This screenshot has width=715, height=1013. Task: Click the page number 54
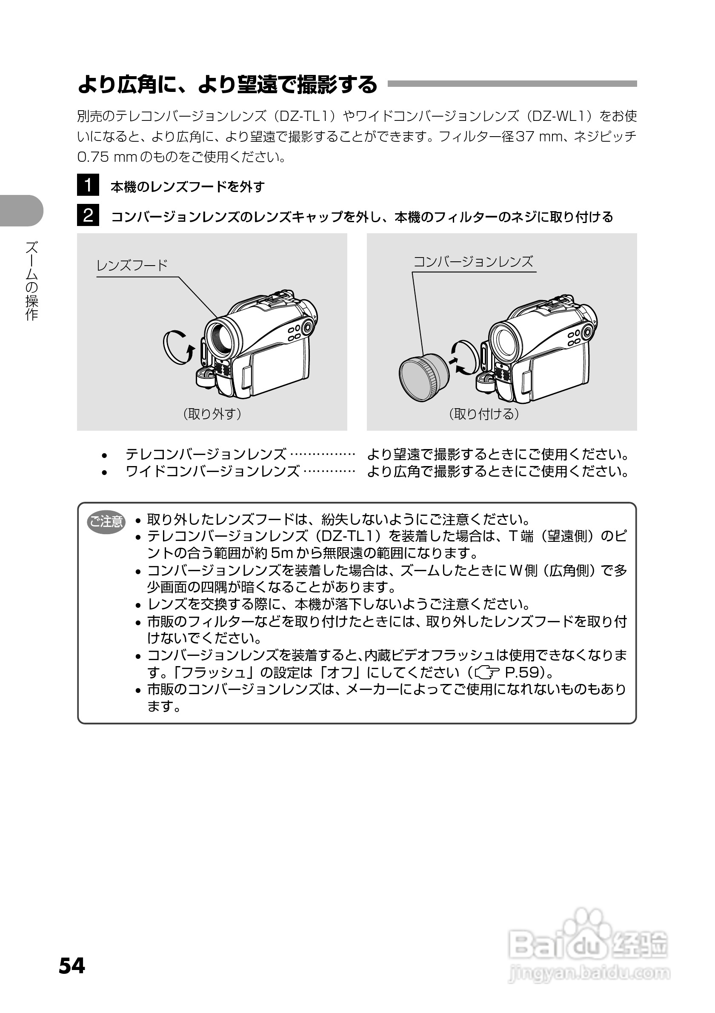click(72, 965)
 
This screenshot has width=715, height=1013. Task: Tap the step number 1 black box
click(88, 185)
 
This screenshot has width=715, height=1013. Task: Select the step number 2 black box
click(88, 215)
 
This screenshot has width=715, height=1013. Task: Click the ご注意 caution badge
click(106, 522)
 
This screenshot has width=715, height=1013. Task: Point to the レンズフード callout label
click(132, 266)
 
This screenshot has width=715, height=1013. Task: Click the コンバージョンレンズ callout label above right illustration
click(473, 262)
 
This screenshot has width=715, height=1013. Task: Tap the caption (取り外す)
click(212, 414)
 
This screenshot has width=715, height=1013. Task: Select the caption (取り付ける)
click(484, 414)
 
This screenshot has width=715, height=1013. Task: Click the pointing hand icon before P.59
click(487, 673)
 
